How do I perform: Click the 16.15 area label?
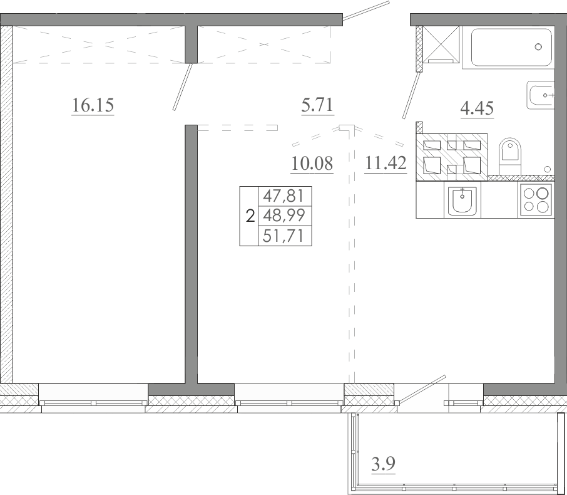[93, 105]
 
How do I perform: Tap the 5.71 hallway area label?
[317, 105]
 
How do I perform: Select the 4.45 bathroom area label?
[477, 108]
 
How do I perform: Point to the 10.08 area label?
[312, 164]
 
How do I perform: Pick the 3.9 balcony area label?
[383, 464]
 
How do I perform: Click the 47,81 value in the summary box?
[284, 196]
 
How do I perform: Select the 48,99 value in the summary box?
[284, 216]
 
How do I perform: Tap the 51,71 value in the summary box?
[284, 236]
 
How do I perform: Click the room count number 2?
[250, 217]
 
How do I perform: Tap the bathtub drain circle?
[538, 47]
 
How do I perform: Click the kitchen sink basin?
[462, 201]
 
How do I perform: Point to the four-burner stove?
[536, 201]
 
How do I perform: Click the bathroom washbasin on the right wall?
[540, 95]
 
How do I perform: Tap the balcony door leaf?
[421, 389]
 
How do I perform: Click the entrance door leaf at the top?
[366, 11]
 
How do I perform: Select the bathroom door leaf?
[412, 96]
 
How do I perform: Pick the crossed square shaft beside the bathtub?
[440, 44]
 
